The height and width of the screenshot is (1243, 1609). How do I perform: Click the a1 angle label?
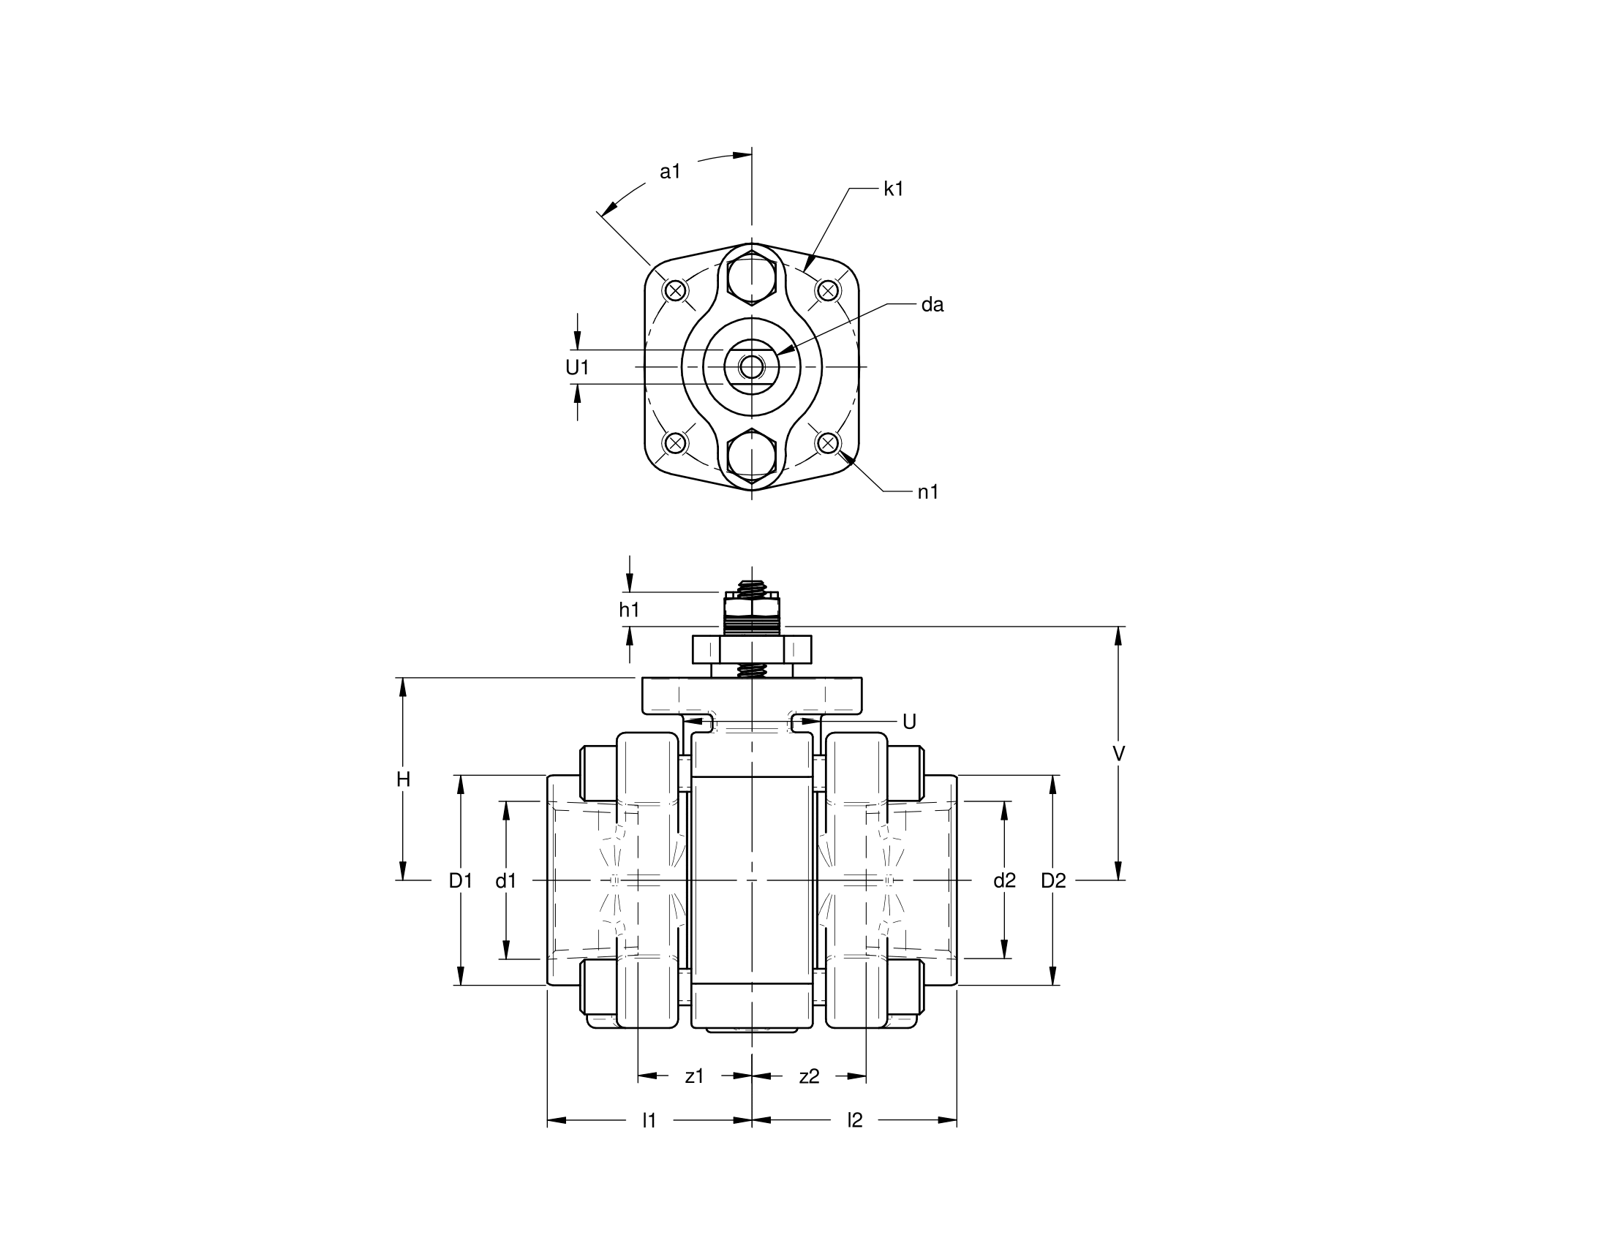coord(670,173)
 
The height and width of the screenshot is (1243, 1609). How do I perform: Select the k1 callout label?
coord(893,189)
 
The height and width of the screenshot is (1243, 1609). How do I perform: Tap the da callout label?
coord(932,305)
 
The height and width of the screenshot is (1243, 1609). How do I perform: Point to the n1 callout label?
coord(928,493)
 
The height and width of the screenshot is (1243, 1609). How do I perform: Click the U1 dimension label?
coord(578,368)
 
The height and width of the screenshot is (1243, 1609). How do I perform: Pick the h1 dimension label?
coord(629,610)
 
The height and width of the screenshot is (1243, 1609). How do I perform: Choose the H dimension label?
coord(403,779)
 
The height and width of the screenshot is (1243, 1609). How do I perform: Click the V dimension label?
coord(1118,754)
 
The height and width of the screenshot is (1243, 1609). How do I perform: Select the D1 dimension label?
coord(461,880)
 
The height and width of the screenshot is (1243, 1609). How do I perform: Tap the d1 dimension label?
coord(506,880)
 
